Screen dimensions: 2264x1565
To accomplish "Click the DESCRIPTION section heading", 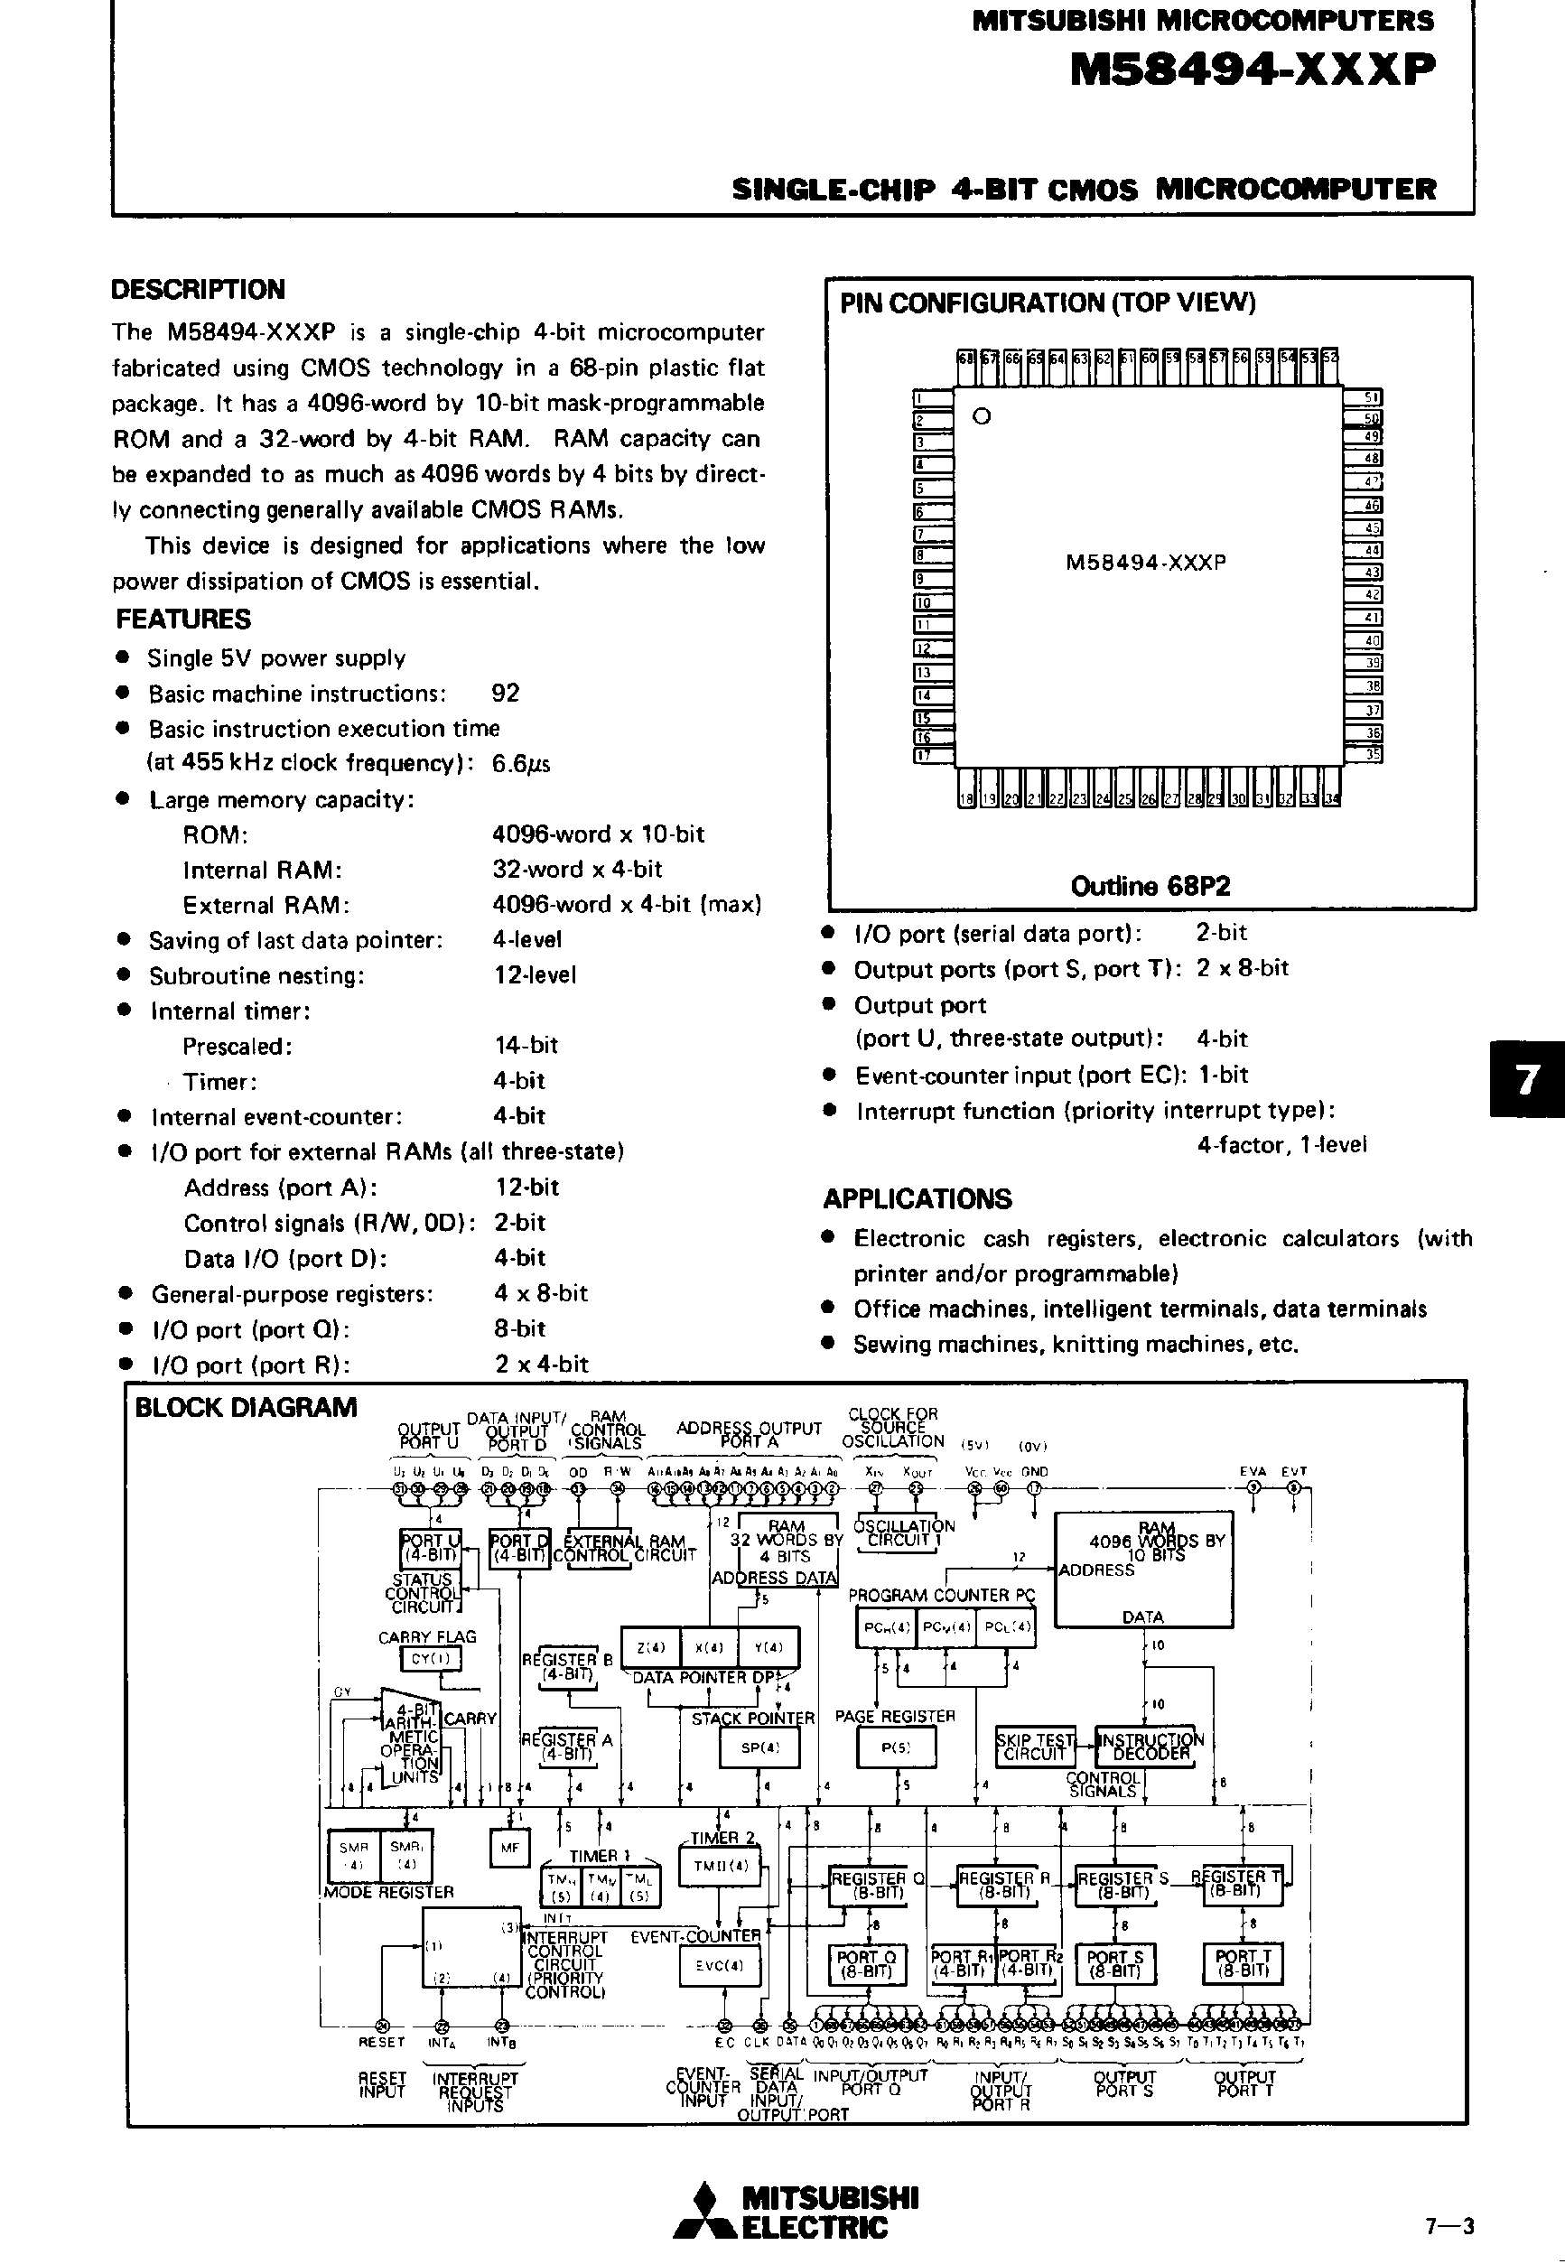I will pos(197,289).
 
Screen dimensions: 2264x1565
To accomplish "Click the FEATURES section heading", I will pos(183,619).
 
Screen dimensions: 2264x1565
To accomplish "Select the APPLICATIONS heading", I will pos(917,1198).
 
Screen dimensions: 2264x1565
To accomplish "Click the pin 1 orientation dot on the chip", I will pos(982,415).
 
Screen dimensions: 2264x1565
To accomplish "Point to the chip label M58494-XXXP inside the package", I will pos(1145,563).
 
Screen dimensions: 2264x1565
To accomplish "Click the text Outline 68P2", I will pos(1150,887).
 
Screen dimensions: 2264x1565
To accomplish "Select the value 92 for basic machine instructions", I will pos(505,694).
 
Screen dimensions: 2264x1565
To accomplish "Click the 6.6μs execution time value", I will pos(521,763).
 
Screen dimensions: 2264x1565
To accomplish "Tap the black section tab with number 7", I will pos(1527,1079).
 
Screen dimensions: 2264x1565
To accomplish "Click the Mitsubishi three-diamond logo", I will pos(702,2212).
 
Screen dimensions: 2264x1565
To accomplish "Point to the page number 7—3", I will pos(1449,2226).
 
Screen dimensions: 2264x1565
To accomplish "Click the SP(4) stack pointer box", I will pos(760,1747).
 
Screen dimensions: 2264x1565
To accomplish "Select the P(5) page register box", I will pos(895,1747).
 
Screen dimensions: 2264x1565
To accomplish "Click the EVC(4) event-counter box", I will pos(720,1965).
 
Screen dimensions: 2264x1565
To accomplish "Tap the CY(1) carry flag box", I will pos(431,1659).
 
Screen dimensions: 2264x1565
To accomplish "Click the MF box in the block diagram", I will pos(509,1849).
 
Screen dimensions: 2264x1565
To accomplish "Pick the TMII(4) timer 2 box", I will pos(720,1866).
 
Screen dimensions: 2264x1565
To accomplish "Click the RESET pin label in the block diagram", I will pos(381,2042).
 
